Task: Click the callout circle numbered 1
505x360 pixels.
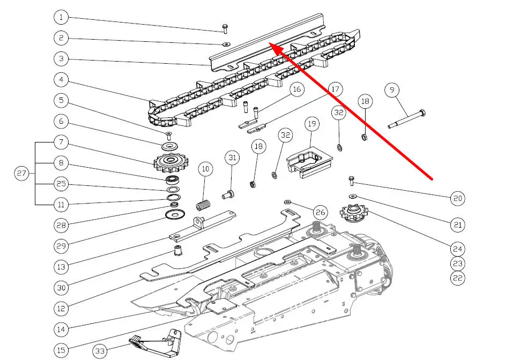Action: [61, 18]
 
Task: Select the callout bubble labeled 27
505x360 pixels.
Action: [21, 174]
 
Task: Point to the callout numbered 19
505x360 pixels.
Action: [312, 124]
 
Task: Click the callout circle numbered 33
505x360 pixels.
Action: [100, 351]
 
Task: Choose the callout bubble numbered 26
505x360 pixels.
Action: [320, 213]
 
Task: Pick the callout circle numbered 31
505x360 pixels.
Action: [232, 158]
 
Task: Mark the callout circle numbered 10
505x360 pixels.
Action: [205, 169]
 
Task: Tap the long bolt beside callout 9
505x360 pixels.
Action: [407, 119]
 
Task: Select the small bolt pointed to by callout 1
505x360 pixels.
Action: [225, 28]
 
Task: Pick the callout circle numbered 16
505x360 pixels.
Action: [297, 89]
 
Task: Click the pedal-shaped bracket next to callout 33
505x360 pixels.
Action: [155, 343]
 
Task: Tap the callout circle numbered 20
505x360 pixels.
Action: [457, 199]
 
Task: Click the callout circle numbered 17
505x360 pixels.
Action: [335, 89]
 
